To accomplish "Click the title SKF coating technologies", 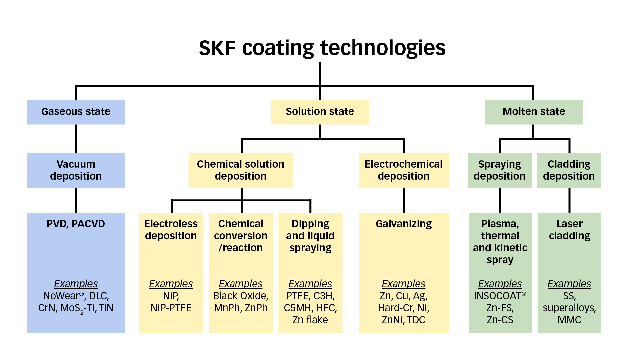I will click(x=322, y=48).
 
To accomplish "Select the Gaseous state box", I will click(x=76, y=112).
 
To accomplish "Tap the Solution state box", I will click(x=320, y=112).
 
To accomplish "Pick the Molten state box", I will click(x=534, y=112).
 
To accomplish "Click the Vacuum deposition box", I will click(x=76, y=170).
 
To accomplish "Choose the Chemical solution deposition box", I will click(x=240, y=170).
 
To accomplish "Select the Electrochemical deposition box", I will click(x=403, y=170).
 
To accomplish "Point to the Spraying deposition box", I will click(x=499, y=170).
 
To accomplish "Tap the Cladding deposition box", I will click(x=569, y=170).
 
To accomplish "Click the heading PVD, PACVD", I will click(x=76, y=224).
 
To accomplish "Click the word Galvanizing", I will click(x=403, y=224).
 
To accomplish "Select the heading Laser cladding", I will click(x=569, y=230).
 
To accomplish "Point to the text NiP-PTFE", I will click(x=171, y=308).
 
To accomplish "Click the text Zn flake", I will click(x=310, y=320).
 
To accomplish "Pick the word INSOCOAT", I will click(x=497, y=296).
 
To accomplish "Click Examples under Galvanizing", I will click(x=403, y=284).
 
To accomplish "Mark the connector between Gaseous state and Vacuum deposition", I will click(x=76, y=139).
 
